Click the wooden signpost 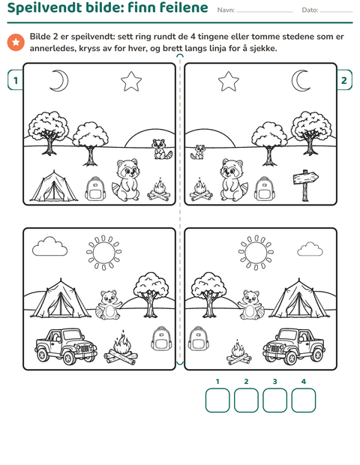pyautogui.click(x=305, y=185)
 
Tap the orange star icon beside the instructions pyautogui.click(x=16, y=43)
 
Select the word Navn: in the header pyautogui.click(x=226, y=10)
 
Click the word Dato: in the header pyautogui.click(x=310, y=10)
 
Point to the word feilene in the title pyautogui.click(x=183, y=7)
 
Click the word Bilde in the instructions pyautogui.click(x=40, y=37)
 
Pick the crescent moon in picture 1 pyautogui.click(x=59, y=80)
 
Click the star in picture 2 pyautogui.click(x=228, y=81)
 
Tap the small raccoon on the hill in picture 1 pyautogui.click(x=161, y=149)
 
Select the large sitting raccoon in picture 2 pyautogui.click(x=233, y=180)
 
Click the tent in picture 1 pyautogui.click(x=54, y=186)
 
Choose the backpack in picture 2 pyautogui.click(x=264, y=188)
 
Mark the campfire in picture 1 pyautogui.click(x=159, y=190)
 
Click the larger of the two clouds pyautogui.click(x=49, y=247)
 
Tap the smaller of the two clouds pyautogui.click(x=310, y=249)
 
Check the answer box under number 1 pyautogui.click(x=217, y=400)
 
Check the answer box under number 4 pyautogui.click(x=303, y=400)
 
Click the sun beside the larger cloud pyautogui.click(x=103, y=253)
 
